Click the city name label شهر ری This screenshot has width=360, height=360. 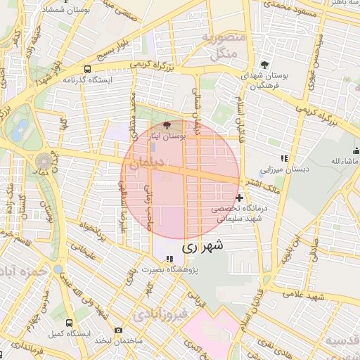[202, 247]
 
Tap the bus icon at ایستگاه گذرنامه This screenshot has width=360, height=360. [87, 69]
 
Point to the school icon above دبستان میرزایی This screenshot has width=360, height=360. [284, 159]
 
